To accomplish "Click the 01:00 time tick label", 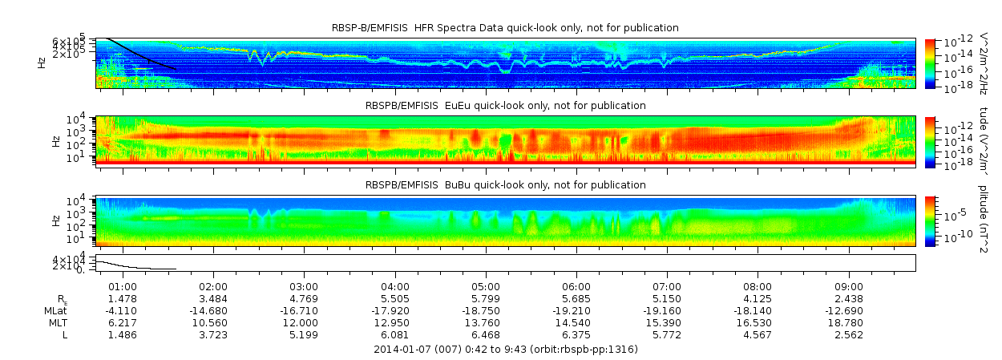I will pos(122,287).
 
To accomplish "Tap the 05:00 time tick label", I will pos(486,287).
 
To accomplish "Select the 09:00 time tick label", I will pos(849,287).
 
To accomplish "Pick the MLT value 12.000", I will pos(304,322).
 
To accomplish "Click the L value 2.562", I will pos(849,334).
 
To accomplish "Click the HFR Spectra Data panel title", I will pos(505,28).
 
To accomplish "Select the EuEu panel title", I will pos(505,106).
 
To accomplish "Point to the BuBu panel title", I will pos(505,185).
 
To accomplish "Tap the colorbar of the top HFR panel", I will pos(931,63).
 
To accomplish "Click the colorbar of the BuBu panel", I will pos(931,220).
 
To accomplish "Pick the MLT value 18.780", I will pos(849,322).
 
